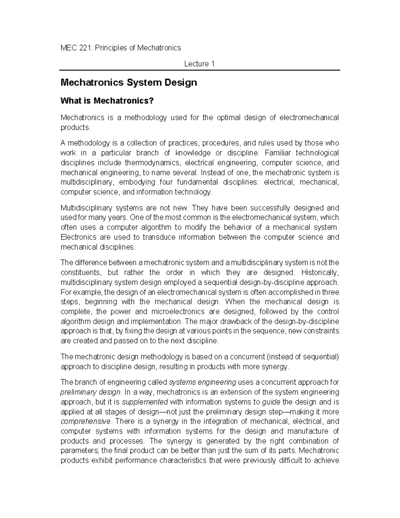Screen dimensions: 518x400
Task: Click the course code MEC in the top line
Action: pos(68,48)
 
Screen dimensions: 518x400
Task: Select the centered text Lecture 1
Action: pos(199,64)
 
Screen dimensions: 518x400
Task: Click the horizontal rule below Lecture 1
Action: pos(199,70)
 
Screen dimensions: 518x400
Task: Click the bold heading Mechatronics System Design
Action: pos(129,82)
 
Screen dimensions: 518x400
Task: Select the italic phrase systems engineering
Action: pos(203,382)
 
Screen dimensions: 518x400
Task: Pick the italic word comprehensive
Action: pos(86,421)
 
